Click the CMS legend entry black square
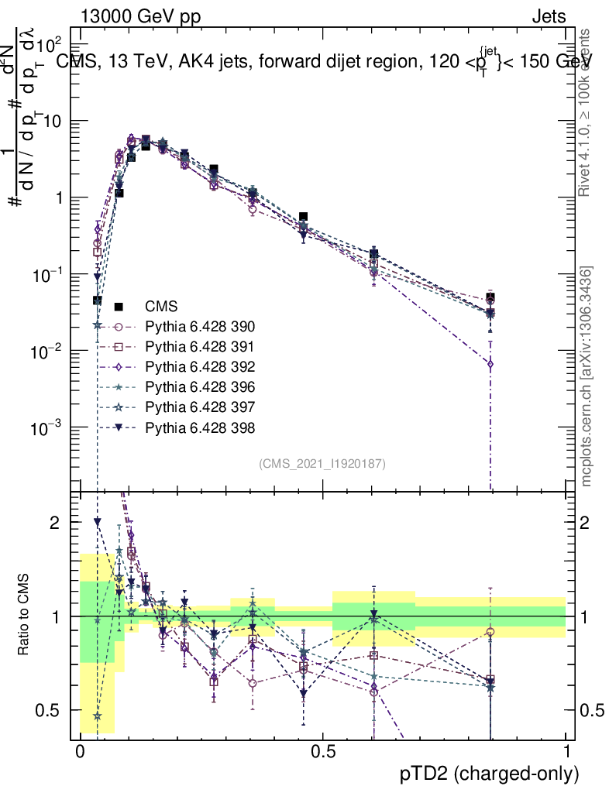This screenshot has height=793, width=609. [119, 307]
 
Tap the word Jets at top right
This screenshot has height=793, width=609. [549, 17]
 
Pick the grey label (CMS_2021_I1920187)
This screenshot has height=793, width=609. [322, 464]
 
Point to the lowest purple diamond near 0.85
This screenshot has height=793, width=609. [490, 363]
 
